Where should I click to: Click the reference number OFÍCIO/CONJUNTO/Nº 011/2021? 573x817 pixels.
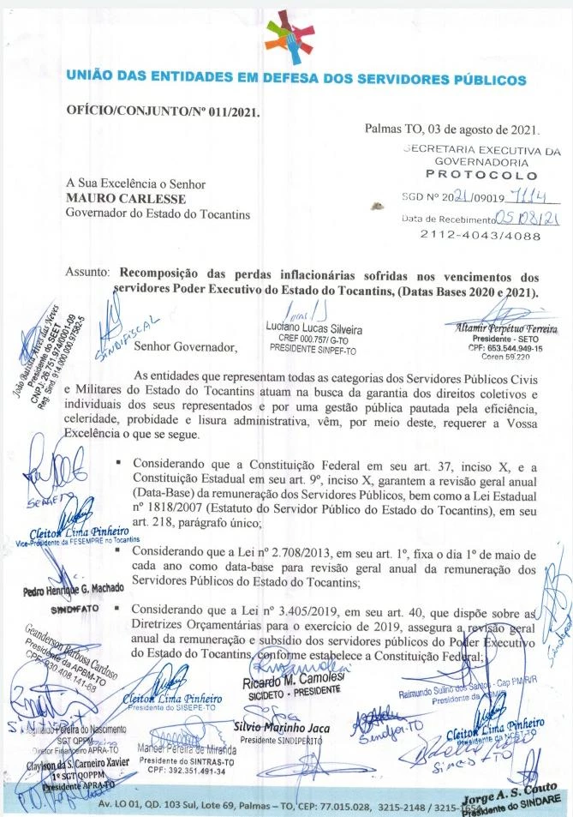(x=164, y=111)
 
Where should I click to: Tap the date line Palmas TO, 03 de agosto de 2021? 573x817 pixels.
(x=452, y=130)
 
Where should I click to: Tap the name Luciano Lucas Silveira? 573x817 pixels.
(x=315, y=329)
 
